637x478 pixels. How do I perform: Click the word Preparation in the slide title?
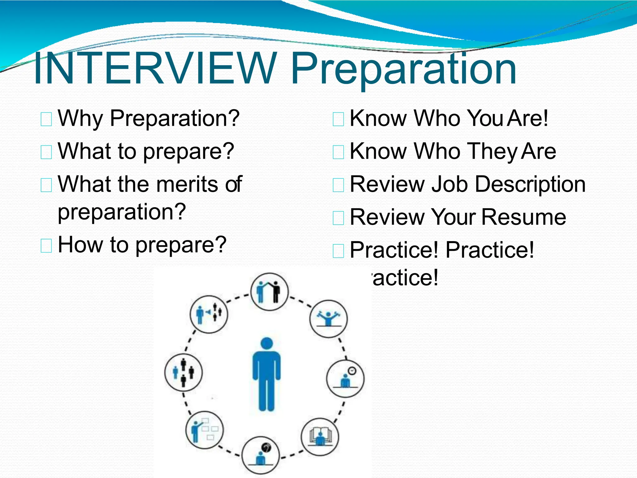point(404,70)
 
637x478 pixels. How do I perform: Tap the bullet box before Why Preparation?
point(46,119)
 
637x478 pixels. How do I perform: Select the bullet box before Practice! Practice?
point(338,251)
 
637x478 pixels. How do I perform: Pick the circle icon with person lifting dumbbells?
point(328,319)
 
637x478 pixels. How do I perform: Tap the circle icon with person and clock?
point(345,378)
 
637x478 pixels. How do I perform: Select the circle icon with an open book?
point(320,437)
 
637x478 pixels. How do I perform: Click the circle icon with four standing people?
point(183,372)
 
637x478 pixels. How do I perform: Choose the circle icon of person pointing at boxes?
point(204,430)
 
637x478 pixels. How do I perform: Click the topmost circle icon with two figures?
point(269,292)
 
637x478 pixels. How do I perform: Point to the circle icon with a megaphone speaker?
point(209,314)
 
